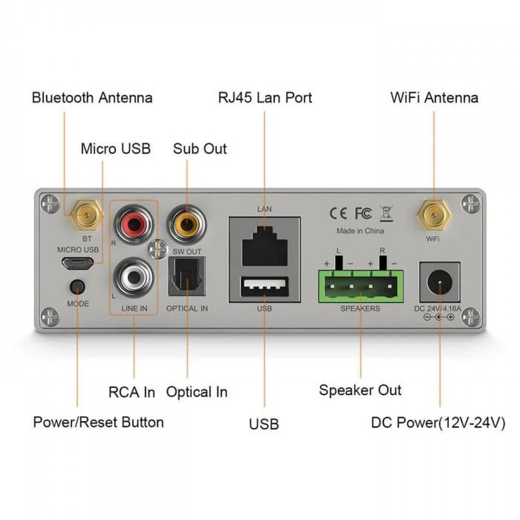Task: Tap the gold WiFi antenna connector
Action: coord(434,215)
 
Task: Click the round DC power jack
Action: coord(440,283)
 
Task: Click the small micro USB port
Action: coord(77,264)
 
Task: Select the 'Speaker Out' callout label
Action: coord(360,390)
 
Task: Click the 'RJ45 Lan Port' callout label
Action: coord(265,97)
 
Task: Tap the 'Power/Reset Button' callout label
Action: coord(98,422)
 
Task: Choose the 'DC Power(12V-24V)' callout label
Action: coord(438,423)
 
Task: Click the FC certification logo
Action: coord(363,213)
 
